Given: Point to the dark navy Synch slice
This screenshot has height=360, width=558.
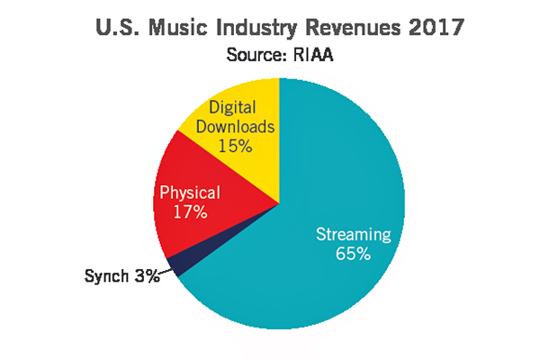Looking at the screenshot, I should [176, 265].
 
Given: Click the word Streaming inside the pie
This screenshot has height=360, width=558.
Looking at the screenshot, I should [354, 235].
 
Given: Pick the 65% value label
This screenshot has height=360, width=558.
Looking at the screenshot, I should [354, 254].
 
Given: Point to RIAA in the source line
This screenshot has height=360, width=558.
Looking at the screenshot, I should [314, 54].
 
